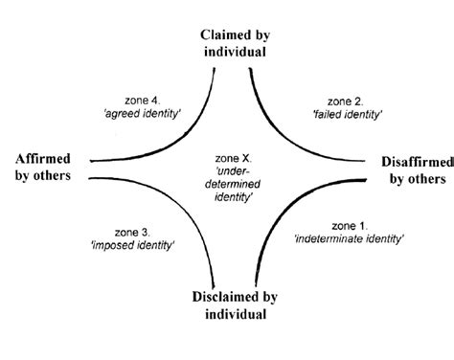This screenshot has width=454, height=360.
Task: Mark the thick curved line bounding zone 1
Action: click(x=287, y=215)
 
